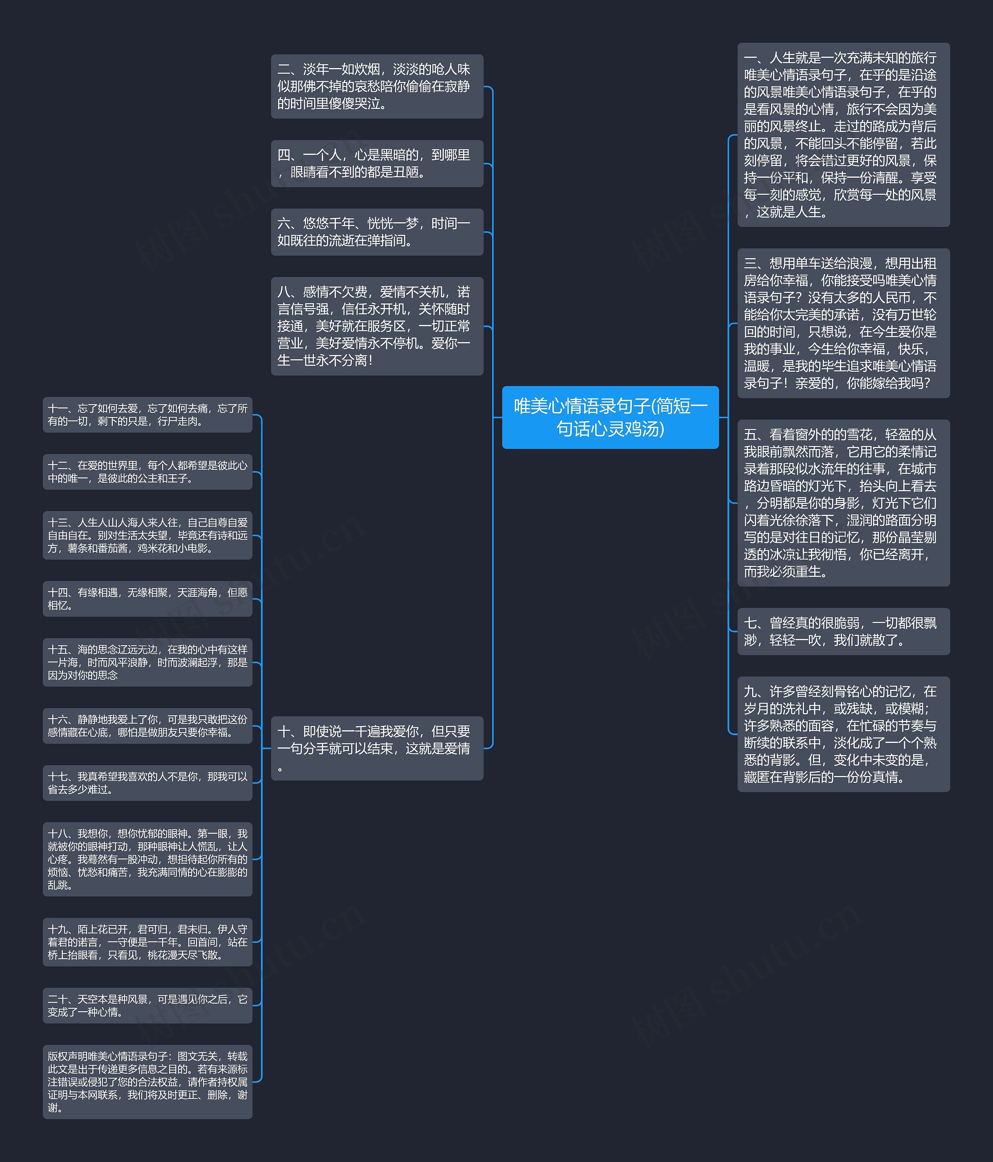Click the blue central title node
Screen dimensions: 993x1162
click(x=610, y=417)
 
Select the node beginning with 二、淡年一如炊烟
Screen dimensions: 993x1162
click(x=377, y=87)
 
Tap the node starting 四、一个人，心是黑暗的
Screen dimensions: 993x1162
click(x=377, y=163)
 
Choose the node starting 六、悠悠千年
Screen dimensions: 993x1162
click(x=377, y=232)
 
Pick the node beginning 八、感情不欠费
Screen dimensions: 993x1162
click(x=377, y=326)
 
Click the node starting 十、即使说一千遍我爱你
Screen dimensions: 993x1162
click(x=377, y=748)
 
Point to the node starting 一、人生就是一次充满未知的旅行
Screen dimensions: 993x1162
click(x=843, y=135)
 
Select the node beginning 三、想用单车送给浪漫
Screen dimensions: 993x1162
click(x=843, y=323)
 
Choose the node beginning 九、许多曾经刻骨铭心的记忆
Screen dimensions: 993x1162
click(x=843, y=734)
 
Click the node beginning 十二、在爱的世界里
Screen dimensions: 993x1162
click(x=147, y=472)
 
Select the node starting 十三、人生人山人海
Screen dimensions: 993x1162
click(x=147, y=535)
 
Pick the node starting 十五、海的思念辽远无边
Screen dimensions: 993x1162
click(x=147, y=662)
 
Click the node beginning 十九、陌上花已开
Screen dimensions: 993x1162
click(x=147, y=942)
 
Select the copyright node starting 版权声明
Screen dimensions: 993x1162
click(x=147, y=1081)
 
